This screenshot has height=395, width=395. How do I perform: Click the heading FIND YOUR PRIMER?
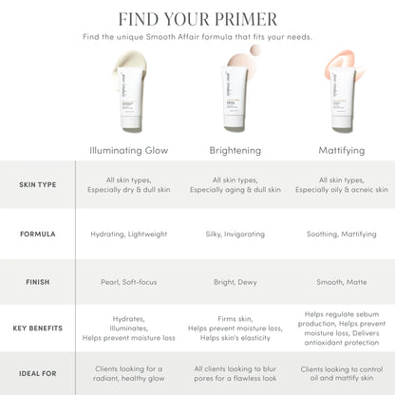(197, 19)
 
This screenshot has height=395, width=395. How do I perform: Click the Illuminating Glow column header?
(128, 149)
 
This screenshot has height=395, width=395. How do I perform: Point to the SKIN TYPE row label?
(37, 184)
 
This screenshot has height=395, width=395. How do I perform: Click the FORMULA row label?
(37, 233)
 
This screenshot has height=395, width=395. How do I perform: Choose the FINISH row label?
(37, 281)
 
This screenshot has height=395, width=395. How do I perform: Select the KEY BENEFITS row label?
(37, 328)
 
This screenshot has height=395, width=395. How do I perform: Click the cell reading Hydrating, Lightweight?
(129, 233)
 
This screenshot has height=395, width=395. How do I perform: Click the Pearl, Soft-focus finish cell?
(129, 281)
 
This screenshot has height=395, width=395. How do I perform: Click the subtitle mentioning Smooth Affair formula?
(197, 37)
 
